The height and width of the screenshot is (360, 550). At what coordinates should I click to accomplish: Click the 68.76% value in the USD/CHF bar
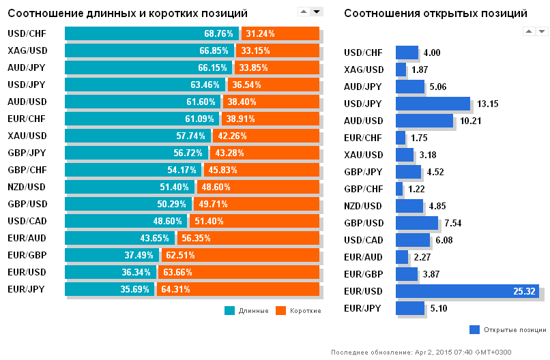coord(218,33)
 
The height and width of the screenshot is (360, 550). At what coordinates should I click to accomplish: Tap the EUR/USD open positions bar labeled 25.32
coord(467,291)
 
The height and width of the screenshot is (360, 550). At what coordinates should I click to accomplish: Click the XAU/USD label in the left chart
coord(27,136)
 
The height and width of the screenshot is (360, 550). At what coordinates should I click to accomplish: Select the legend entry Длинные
coord(248,311)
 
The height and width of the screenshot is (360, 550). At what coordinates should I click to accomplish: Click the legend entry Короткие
coord(298,311)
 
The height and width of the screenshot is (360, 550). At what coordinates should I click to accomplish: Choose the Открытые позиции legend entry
coord(508,330)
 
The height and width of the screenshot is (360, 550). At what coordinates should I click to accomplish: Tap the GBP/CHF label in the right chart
coord(364,189)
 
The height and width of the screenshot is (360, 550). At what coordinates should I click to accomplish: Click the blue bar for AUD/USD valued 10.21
coord(424,121)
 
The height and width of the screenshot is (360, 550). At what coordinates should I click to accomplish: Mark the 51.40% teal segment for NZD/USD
coord(130,187)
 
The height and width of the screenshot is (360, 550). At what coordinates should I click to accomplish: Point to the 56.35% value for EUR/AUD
coord(196,238)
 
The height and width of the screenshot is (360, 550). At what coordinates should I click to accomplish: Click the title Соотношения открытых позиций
coord(435,14)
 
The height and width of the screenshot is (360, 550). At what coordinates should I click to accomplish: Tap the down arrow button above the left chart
coord(316,12)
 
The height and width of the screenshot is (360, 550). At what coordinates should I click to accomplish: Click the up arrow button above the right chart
coord(528,31)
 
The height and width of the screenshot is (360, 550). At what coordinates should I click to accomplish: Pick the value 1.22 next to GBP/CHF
coord(418,189)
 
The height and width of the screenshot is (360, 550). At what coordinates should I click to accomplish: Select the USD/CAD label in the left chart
coord(27,221)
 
